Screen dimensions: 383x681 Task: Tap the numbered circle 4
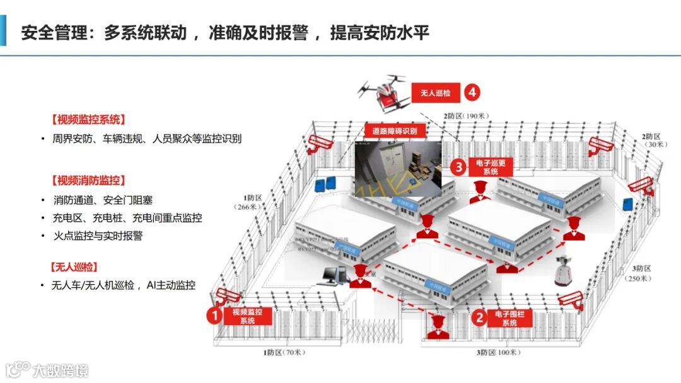point(472,93)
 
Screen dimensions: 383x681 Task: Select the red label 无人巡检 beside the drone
point(436,93)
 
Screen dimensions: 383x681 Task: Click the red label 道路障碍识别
point(395,131)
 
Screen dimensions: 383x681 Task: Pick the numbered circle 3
point(459,167)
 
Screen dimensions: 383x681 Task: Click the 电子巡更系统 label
point(490,166)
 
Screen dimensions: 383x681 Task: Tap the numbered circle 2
point(479,317)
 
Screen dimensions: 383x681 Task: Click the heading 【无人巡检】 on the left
point(74,266)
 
